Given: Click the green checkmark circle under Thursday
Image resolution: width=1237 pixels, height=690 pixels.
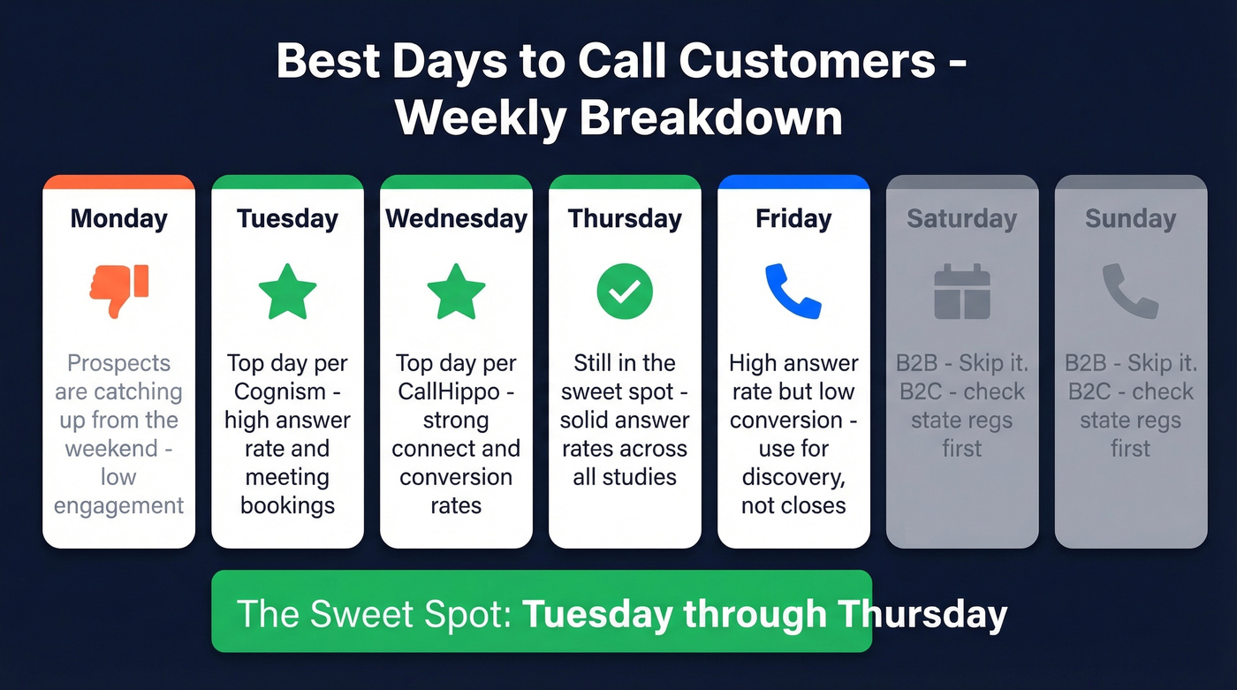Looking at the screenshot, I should coord(625,292).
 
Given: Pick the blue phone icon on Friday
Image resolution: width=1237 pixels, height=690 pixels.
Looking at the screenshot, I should coord(793,292).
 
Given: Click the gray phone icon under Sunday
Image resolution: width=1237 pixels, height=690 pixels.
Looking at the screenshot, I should coord(1130,292).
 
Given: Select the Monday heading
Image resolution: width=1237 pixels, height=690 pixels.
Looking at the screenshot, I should coord(118,218).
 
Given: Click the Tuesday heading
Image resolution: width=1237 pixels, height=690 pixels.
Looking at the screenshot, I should coord(287,218).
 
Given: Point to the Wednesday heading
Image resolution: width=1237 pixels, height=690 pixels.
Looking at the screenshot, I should coord(456,218).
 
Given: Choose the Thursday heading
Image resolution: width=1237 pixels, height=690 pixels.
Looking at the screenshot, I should coord(625,218).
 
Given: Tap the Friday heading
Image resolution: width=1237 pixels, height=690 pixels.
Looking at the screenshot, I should coord(793,218).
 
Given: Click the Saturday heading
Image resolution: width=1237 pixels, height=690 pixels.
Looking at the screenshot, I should coord(962,218).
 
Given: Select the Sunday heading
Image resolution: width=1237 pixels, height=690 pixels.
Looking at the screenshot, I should coord(1130,218).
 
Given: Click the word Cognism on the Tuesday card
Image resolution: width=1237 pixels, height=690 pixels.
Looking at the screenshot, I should coord(277,391).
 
